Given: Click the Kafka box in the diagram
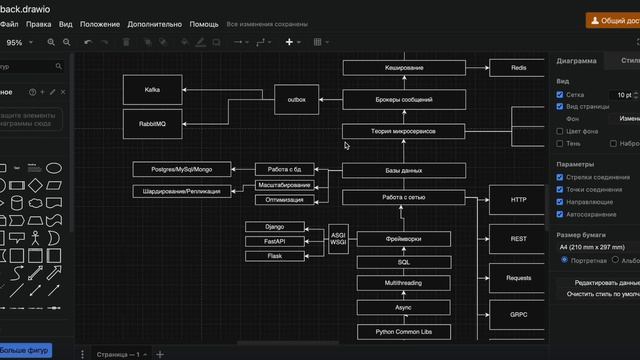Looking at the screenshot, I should coord(152,90).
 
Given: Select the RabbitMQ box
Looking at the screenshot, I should coord(152,124).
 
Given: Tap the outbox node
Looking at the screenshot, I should coord(296,100).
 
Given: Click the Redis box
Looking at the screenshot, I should coord(518,68).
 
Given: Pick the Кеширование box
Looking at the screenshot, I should coord(403,68).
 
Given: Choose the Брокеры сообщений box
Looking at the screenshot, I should coord(403,100).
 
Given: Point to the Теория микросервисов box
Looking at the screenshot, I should coord(403,131).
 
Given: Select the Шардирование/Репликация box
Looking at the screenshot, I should coord(181,191).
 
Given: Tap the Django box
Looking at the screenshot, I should coord(274,227).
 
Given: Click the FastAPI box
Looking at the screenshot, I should coord(274,242).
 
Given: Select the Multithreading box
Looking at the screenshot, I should coord(403,284).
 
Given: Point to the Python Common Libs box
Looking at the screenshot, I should coord(403,332).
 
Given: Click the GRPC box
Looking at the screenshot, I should coord(518,314).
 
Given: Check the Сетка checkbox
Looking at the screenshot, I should coord(561,95).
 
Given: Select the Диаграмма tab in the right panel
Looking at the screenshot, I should coord(577,61).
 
